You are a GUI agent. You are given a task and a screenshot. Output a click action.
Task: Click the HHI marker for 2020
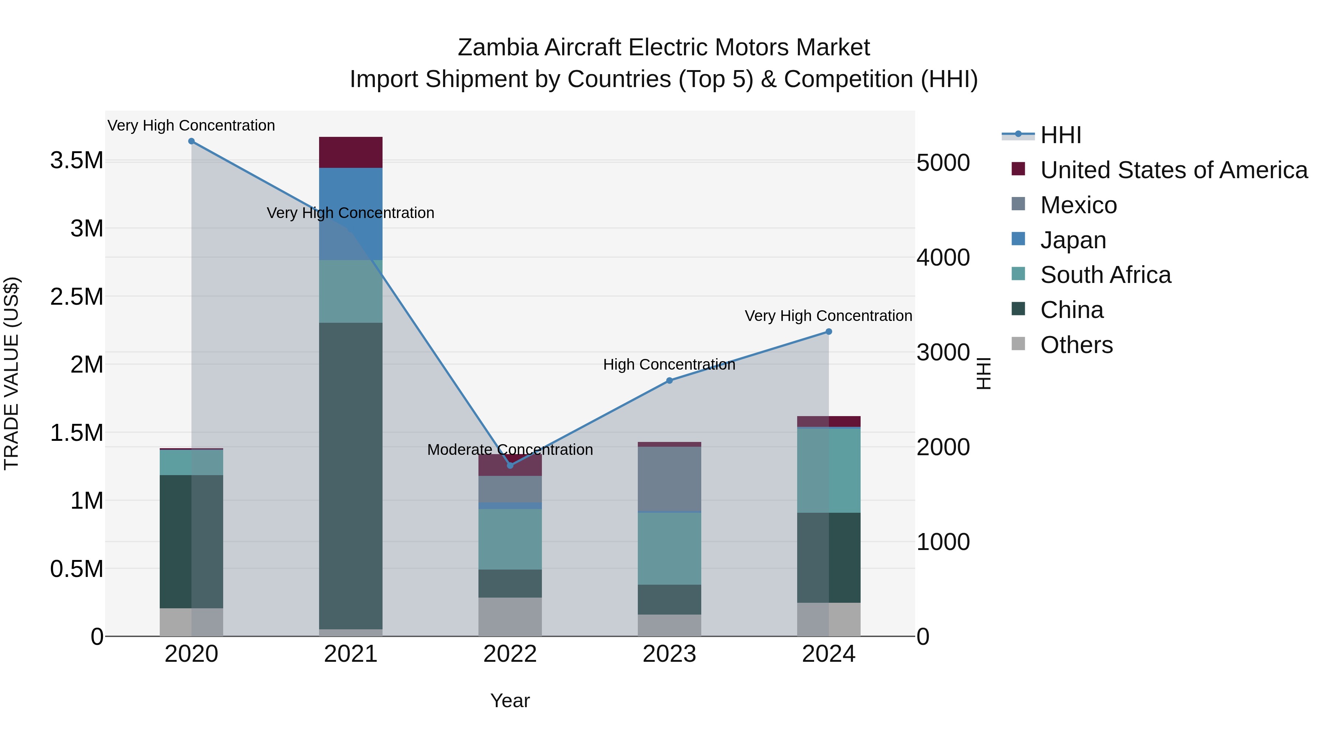click(191, 141)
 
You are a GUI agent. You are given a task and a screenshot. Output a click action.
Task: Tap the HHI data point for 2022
click(510, 466)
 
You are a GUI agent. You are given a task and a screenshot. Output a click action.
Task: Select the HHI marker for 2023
click(669, 380)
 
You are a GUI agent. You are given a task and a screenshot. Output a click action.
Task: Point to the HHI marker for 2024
click(829, 332)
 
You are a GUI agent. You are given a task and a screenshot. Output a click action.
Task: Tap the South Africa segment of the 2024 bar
click(829, 470)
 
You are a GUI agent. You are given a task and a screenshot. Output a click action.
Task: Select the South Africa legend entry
click(1105, 275)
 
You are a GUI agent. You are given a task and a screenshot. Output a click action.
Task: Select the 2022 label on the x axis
click(510, 654)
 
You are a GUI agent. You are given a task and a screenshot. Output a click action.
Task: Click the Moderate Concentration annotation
click(510, 450)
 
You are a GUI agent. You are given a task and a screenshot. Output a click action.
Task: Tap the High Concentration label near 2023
click(669, 364)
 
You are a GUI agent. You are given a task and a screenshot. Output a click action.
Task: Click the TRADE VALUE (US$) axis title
click(11, 373)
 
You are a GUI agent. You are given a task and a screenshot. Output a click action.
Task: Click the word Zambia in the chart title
click(498, 48)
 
